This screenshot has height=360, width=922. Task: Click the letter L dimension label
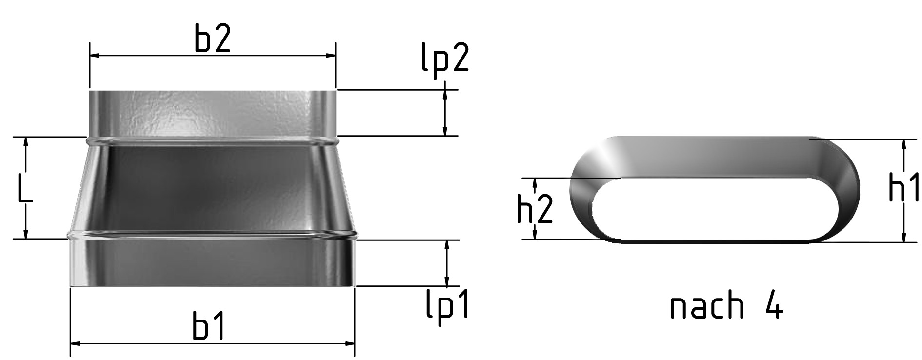pos(24,188)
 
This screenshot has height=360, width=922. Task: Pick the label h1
pos(904,186)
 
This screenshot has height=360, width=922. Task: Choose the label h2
pos(535,210)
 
